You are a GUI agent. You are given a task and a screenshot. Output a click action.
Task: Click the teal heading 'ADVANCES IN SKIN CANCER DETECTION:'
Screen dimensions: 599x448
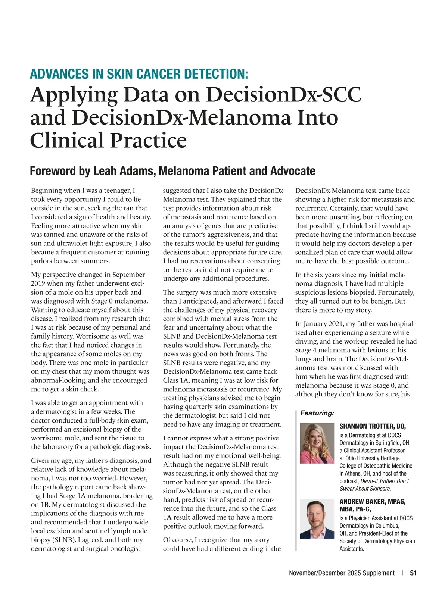139,74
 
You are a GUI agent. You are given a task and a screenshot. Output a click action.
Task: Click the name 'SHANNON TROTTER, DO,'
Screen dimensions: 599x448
372,426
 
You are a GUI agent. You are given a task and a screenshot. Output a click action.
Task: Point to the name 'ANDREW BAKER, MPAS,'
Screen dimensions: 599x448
372,501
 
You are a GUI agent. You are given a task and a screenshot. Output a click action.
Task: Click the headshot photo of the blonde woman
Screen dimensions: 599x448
317,443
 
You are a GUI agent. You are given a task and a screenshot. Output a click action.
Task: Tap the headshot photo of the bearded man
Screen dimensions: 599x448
317,520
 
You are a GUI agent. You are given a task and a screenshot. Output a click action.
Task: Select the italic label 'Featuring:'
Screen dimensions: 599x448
317,413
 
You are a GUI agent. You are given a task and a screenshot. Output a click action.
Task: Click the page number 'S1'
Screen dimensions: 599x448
413,573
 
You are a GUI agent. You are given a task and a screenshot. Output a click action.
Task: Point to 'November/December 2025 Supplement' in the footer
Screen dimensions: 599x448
342,573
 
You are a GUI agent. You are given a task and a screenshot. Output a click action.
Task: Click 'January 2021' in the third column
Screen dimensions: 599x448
322,324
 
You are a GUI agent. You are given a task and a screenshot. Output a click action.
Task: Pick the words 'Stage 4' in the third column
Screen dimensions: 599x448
307,350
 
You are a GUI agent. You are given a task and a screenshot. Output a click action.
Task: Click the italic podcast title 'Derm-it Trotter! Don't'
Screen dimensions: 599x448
384,481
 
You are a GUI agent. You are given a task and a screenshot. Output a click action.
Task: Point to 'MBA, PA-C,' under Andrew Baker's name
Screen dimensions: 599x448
355,509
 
